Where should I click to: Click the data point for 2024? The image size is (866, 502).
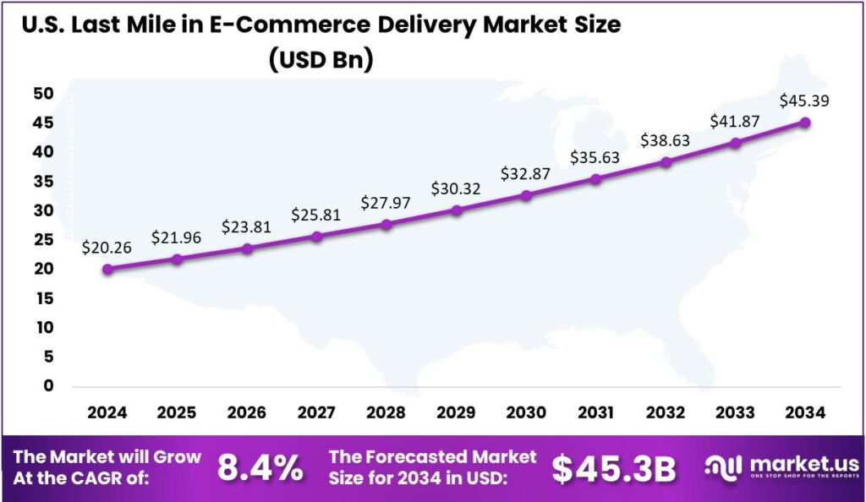coord(107,270)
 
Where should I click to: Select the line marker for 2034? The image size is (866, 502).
coord(805,123)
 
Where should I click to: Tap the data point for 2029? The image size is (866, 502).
coord(457,210)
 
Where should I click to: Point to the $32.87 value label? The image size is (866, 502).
coord(526,174)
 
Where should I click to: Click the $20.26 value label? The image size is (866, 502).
coord(107,248)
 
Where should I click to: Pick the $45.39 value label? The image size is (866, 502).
coord(804,101)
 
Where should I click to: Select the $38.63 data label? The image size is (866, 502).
coord(666,140)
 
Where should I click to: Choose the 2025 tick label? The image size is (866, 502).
coord(177,412)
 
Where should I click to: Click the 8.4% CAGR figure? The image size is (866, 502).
coord(260,468)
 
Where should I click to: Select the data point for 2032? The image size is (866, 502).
coord(666,161)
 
